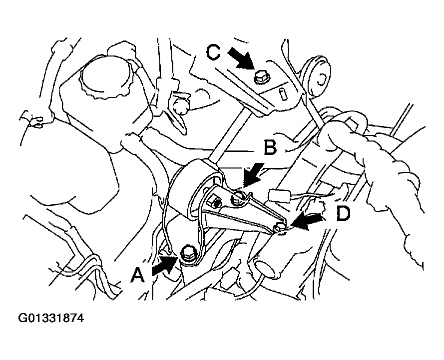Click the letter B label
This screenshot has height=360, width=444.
[x=270, y=147]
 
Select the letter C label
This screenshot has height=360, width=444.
[x=213, y=52]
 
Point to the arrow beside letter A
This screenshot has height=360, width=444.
[x=165, y=265]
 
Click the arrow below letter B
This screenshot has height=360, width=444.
[x=254, y=175]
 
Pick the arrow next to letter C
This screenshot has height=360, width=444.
[x=241, y=57]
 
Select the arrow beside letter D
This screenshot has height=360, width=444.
[x=307, y=221]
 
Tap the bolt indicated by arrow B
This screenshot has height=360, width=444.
[x=237, y=197]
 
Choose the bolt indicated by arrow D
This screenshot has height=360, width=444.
[x=280, y=227]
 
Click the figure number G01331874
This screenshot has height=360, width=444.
[x=51, y=318]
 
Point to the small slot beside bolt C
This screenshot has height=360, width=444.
[x=283, y=94]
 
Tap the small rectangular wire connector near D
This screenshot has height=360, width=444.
[x=280, y=195]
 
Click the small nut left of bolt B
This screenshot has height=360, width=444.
[x=216, y=203]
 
